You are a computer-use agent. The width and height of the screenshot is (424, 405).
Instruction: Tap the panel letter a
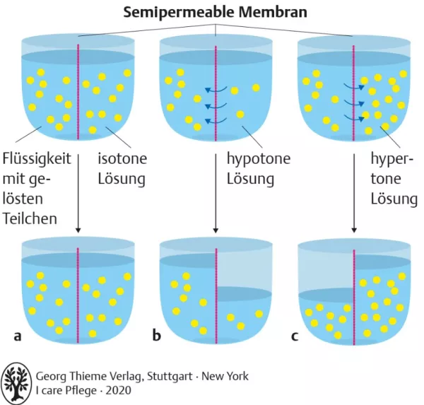click(18, 334)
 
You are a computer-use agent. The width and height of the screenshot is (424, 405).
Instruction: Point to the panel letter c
click(295, 334)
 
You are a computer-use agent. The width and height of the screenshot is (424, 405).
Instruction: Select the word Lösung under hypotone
click(250, 178)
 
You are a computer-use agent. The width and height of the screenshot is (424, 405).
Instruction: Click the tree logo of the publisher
click(17, 382)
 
